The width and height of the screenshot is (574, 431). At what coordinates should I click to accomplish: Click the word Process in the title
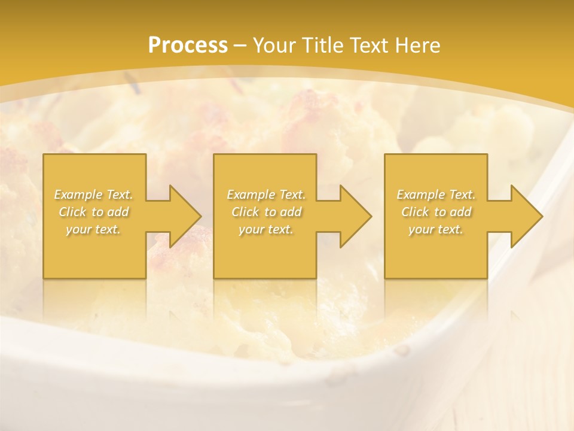(188, 45)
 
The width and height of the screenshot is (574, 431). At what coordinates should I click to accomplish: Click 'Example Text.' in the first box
(94, 195)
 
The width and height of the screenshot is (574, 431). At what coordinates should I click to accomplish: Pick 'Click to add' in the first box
(94, 212)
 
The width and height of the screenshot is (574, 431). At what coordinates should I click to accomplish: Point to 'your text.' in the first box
(94, 229)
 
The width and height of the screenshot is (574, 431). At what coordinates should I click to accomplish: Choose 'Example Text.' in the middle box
(266, 195)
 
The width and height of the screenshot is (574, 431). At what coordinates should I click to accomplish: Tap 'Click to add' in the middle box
(266, 212)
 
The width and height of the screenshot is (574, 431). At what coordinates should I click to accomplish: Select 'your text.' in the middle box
(266, 229)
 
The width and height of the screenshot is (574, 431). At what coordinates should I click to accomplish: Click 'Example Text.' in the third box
(436, 195)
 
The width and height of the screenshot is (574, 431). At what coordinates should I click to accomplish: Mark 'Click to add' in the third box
(436, 212)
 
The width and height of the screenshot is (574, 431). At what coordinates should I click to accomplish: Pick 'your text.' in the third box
(436, 229)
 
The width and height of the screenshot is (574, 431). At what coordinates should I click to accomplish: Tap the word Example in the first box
(78, 195)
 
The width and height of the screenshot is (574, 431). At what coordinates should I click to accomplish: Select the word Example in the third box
(420, 195)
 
